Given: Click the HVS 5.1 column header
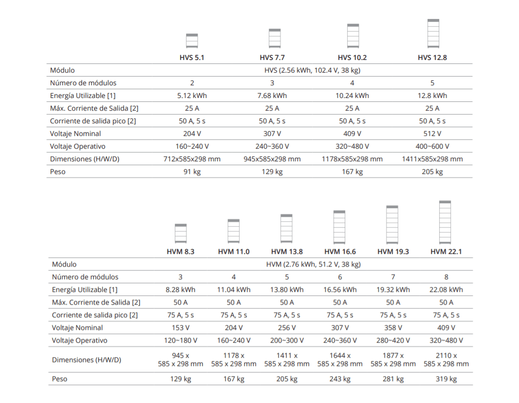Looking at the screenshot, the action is click(x=192, y=58).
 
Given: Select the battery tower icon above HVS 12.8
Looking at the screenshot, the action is click(x=433, y=34).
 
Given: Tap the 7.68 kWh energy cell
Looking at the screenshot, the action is click(x=272, y=96).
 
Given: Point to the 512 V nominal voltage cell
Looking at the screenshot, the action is click(x=432, y=134).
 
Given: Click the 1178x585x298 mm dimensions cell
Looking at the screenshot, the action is click(x=352, y=159).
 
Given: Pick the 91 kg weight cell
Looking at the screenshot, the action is click(x=192, y=172).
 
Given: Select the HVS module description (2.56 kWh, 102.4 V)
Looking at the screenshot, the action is click(x=312, y=70).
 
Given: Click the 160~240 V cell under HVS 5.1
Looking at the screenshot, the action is click(x=192, y=147).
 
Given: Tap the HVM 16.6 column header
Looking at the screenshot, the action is click(x=340, y=251).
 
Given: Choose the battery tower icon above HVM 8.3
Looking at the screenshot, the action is click(x=181, y=233).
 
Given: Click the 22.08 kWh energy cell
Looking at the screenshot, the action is click(x=446, y=289).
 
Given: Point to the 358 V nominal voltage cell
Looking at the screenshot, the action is click(x=393, y=328).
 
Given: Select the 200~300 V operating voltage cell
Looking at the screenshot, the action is click(x=287, y=340).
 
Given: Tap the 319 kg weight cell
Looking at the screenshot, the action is click(x=446, y=379).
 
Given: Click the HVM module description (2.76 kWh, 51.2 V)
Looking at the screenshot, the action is click(x=314, y=265).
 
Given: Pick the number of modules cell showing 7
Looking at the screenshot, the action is click(x=393, y=277).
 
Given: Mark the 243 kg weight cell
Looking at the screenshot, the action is click(x=340, y=379).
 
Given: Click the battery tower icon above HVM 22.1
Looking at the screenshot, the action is click(x=445, y=222).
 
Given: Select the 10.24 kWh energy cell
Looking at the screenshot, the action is click(x=352, y=96).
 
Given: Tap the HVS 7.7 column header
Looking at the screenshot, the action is click(x=272, y=58).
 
